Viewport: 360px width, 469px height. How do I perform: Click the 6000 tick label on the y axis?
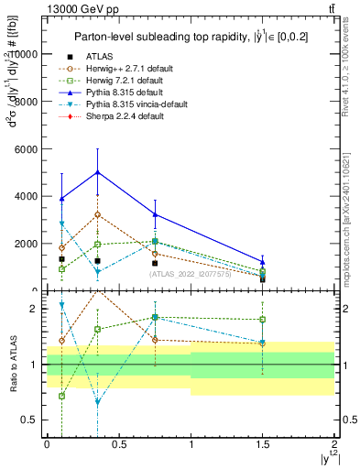[28, 148]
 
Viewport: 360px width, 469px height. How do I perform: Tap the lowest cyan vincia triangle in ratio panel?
[97, 402]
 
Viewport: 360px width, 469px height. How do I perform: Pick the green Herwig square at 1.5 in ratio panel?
[263, 320]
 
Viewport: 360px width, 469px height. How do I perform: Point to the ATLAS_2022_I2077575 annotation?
[189, 273]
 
